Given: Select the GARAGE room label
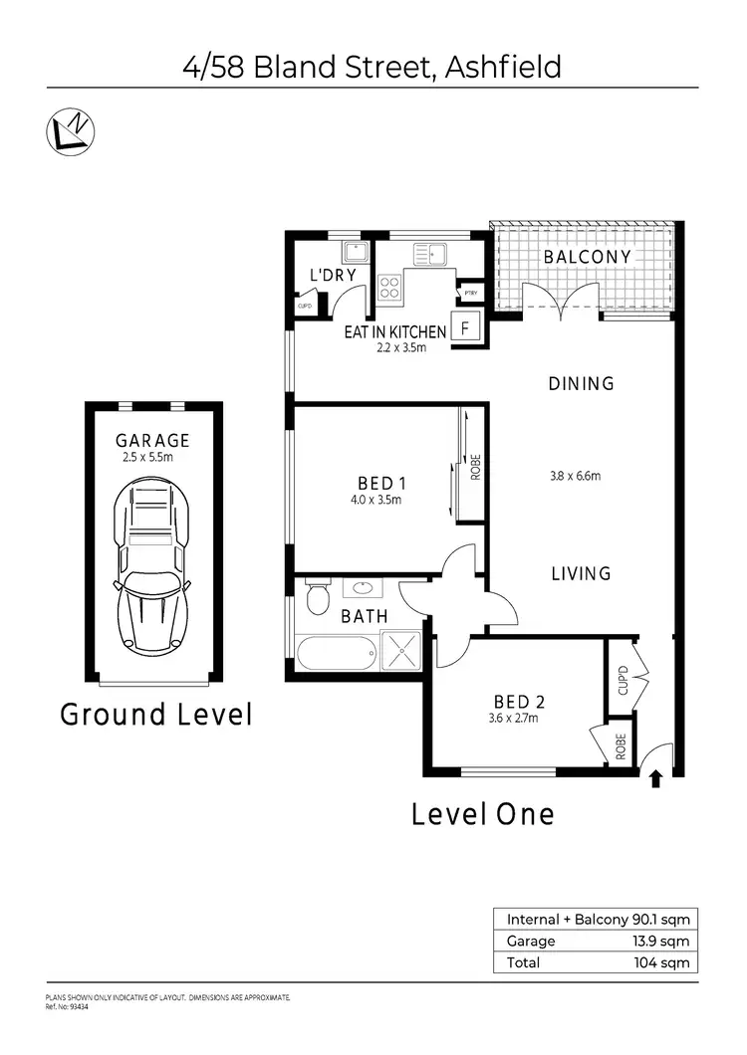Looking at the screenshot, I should coord(152,440).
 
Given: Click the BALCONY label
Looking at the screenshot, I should coord(587,257).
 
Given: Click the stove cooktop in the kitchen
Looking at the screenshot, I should coord(388,288).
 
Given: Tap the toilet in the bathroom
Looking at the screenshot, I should coord(318,599).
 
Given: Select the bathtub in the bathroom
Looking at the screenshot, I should coord(336,655).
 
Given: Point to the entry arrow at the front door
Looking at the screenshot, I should coord(656,776).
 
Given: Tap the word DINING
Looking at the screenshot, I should coord(581,383).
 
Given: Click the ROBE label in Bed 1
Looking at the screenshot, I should coord(476,466).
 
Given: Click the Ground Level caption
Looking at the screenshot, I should coord(155,715).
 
